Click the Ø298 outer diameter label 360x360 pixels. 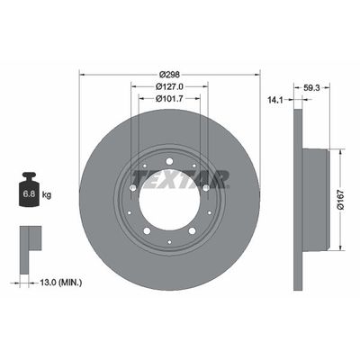pyautogui.click(x=169, y=73)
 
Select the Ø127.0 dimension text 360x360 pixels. pyautogui.click(x=169, y=87)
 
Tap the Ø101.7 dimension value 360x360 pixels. pyautogui.click(x=169, y=100)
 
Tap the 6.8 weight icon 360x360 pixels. pyautogui.click(x=29, y=192)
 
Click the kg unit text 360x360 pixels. pyautogui.click(x=47, y=193)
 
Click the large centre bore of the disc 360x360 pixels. pyautogui.click(x=169, y=199)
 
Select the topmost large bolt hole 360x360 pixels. pyautogui.click(x=169, y=162)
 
